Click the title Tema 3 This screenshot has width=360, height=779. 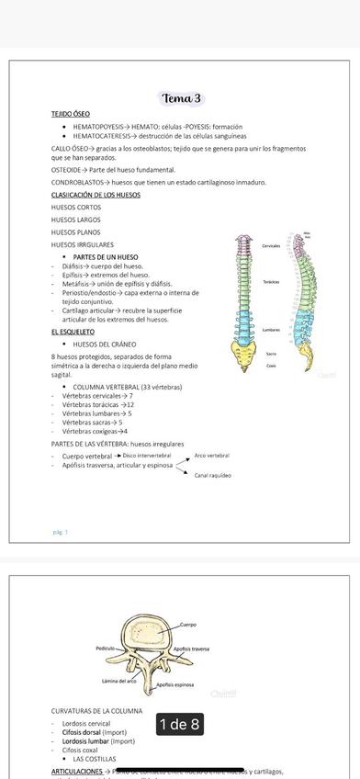(x=181, y=98)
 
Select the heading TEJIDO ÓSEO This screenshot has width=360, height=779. (x=71, y=113)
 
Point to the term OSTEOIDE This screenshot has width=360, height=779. (x=66, y=171)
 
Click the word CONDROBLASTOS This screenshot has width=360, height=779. (x=77, y=184)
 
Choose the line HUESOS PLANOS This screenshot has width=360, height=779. (x=76, y=232)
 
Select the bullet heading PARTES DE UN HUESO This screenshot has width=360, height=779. (x=106, y=256)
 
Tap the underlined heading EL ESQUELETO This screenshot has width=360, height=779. (x=73, y=331)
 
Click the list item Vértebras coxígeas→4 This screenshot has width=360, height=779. (x=95, y=431)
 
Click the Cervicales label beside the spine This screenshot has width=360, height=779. (x=271, y=246)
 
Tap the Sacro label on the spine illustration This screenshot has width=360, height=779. (x=271, y=353)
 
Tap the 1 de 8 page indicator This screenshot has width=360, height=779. (x=179, y=725)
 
